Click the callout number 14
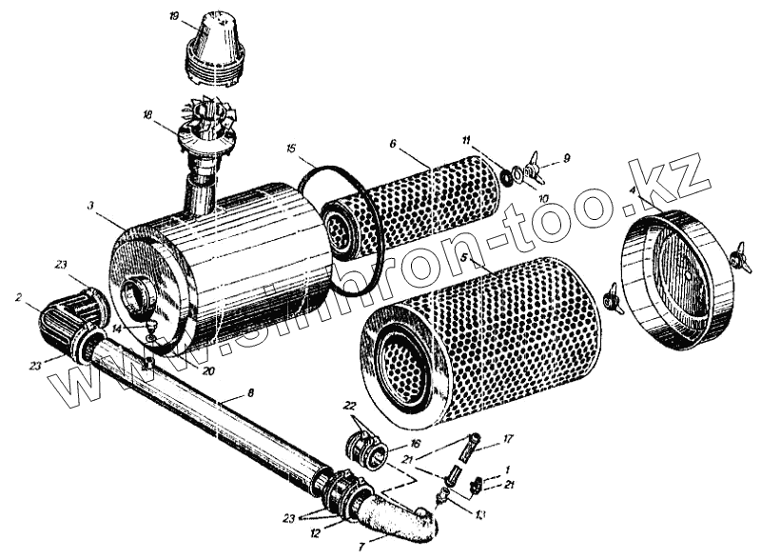(116, 328)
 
